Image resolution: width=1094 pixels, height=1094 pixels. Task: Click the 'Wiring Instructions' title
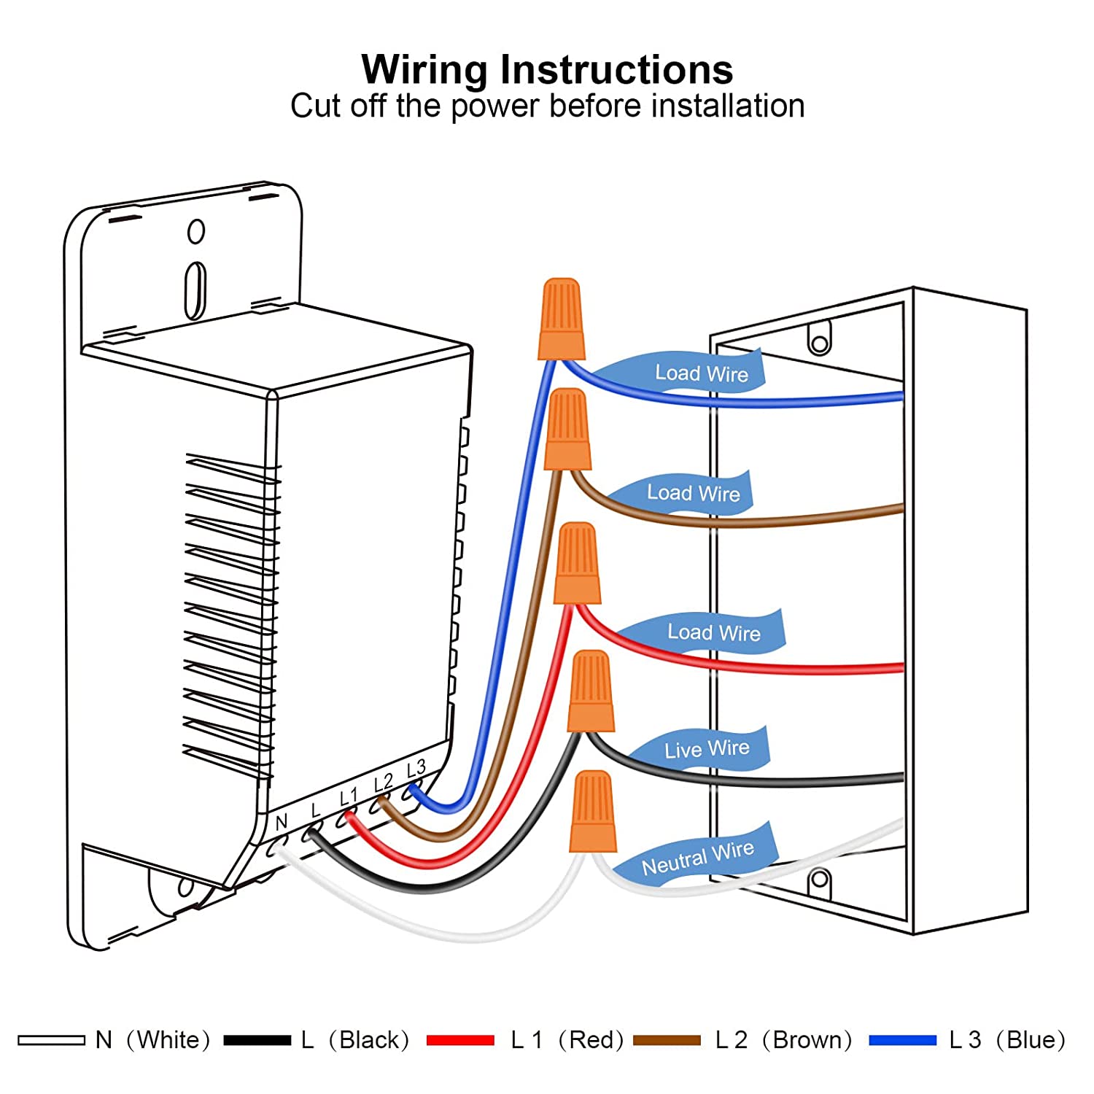547,70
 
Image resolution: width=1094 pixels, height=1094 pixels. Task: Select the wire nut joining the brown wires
567,430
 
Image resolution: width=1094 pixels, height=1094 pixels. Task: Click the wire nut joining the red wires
578,564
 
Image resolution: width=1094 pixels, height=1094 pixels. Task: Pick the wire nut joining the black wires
591,691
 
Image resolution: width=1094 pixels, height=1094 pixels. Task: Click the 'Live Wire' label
706,749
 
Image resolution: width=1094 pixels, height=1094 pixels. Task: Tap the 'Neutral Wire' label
697,858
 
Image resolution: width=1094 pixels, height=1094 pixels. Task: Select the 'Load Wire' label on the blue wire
701,373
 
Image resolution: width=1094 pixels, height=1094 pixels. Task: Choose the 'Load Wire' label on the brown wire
693,493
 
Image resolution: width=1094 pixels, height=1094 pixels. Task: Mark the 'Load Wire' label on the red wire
713,632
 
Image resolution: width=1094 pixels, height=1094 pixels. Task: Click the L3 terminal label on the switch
416,769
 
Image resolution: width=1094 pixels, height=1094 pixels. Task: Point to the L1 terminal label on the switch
349,797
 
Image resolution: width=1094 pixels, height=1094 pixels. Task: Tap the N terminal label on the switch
282,823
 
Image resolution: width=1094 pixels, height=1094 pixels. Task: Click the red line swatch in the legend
460,1040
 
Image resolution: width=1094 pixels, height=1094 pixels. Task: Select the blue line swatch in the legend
902,1040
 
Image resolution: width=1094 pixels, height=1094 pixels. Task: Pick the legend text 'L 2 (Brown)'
783,1040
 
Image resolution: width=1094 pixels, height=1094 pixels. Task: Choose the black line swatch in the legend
257,1040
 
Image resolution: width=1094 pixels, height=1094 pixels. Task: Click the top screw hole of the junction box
819,341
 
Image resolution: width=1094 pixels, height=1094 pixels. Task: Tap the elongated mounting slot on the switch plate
195,291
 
